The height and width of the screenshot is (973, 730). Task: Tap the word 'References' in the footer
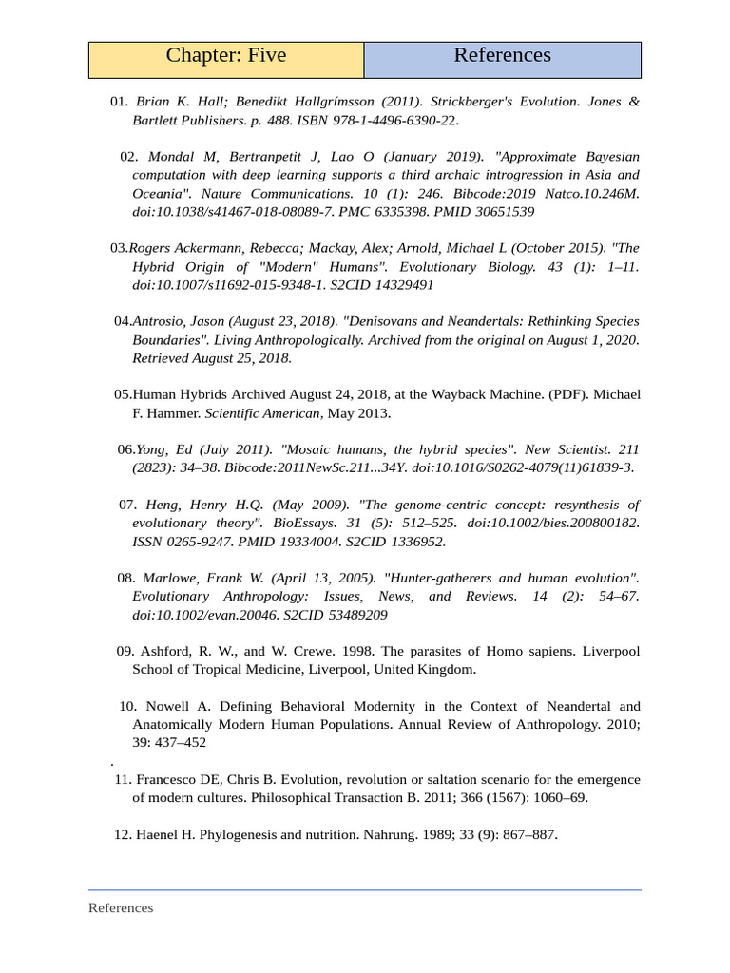pos(121,907)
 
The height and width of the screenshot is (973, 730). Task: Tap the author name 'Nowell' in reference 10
pos(167,706)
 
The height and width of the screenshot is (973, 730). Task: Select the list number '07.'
pos(128,505)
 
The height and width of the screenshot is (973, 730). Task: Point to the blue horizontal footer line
pos(365,890)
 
